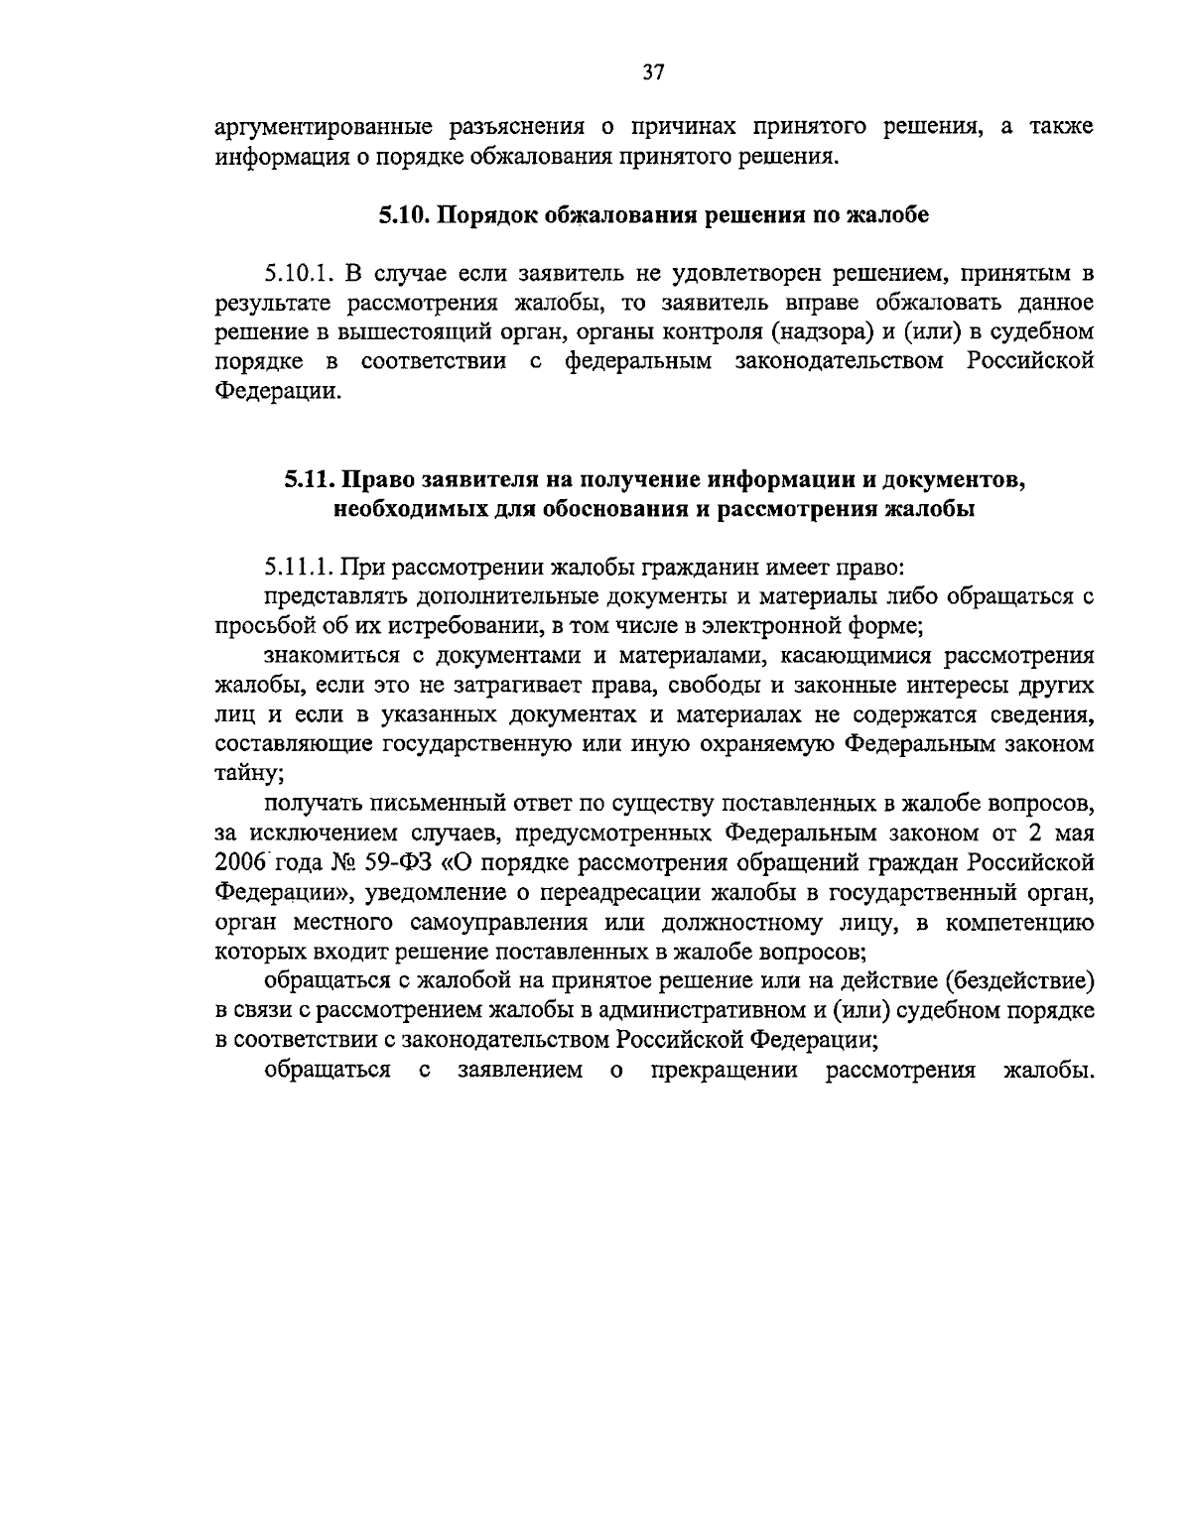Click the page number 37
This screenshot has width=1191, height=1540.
click(653, 71)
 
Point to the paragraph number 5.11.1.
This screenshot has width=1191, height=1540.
click(297, 569)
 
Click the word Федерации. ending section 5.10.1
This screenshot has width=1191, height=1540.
click(278, 390)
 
